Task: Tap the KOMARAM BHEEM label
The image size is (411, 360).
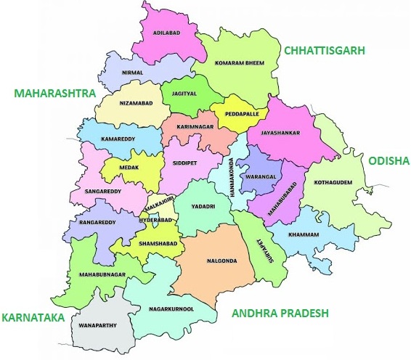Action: click(239, 64)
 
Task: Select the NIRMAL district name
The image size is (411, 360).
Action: click(133, 73)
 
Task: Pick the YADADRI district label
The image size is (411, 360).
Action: click(203, 206)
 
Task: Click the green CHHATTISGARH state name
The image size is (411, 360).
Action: click(324, 50)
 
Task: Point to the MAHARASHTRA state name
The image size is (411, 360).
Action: click(54, 94)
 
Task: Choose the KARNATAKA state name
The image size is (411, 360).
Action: click(32, 318)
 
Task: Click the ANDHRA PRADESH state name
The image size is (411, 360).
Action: click(280, 314)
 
